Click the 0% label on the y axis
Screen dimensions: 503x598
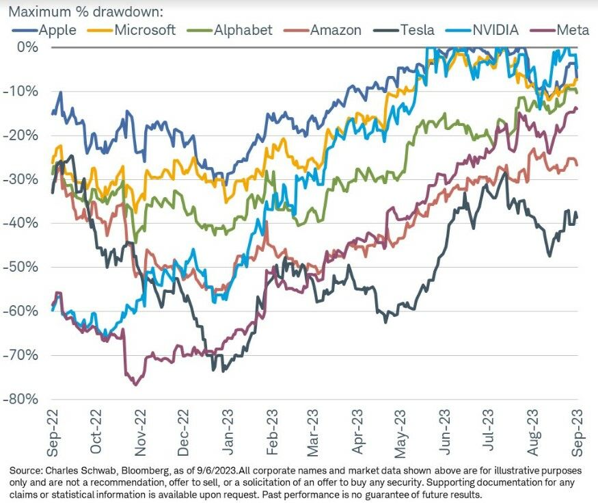[x=28, y=47]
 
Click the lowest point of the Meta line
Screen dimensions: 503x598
[x=135, y=385]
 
